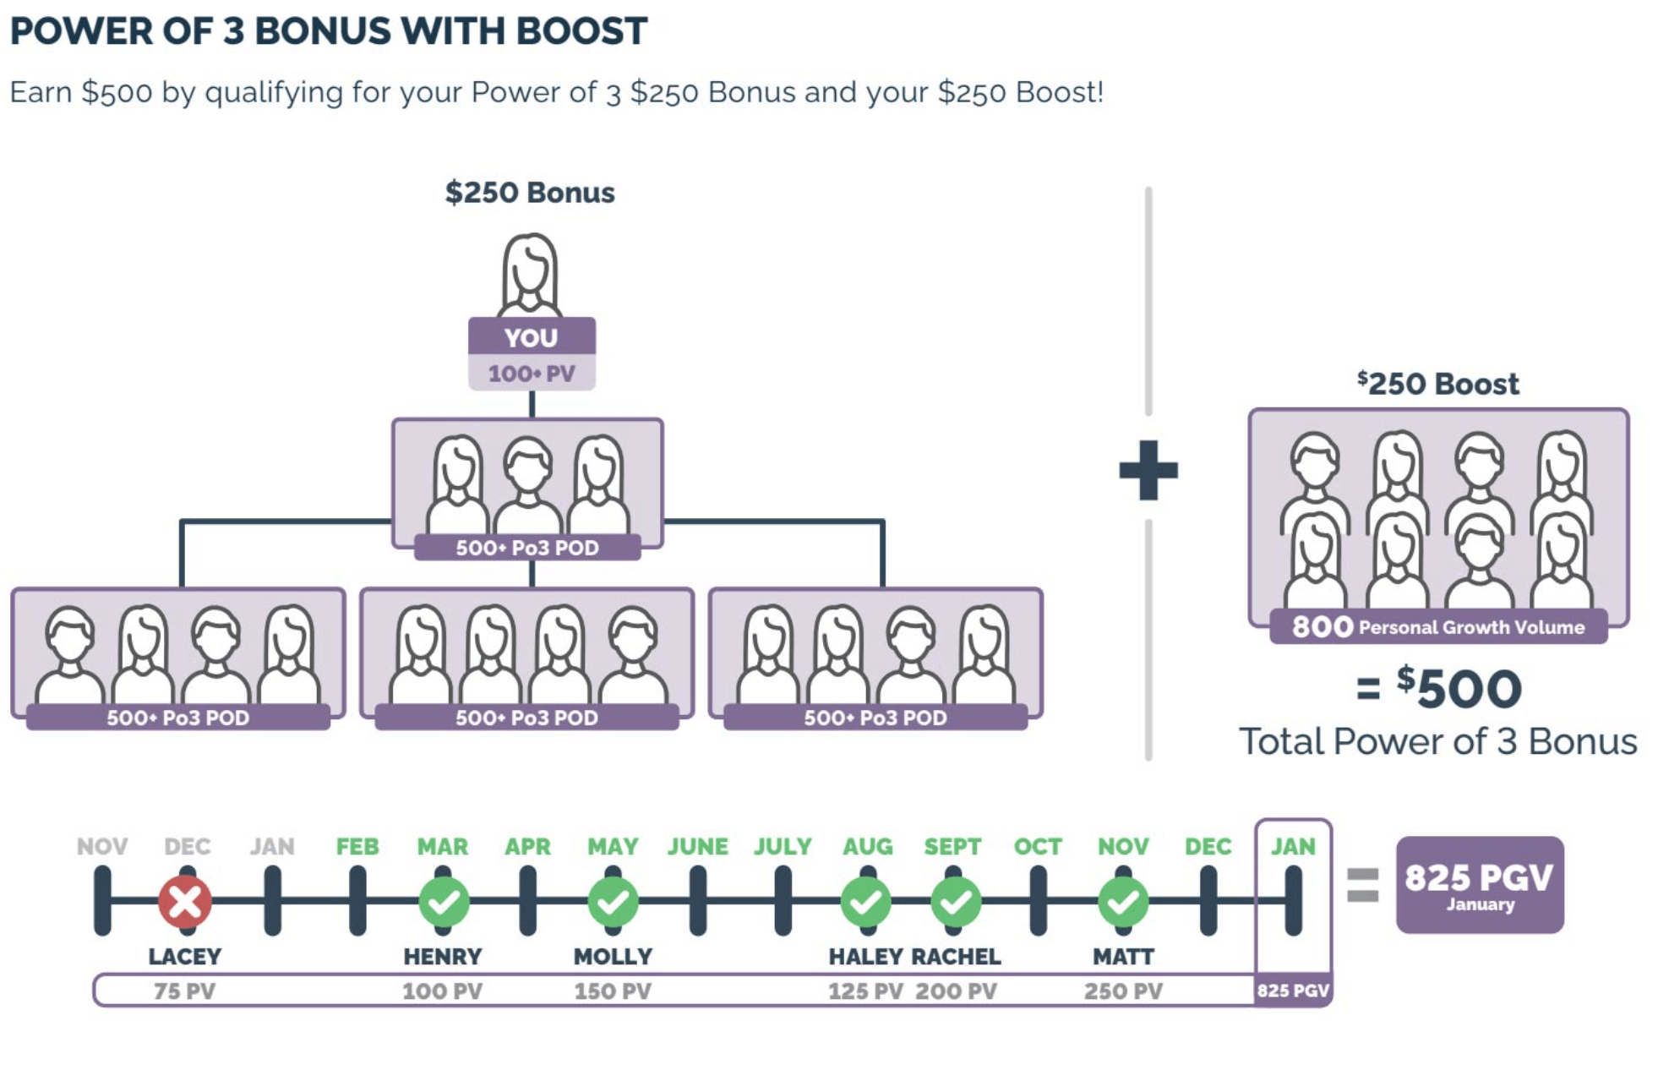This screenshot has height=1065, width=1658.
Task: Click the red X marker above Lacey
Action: (x=185, y=902)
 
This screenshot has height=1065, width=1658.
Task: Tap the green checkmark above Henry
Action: (x=444, y=902)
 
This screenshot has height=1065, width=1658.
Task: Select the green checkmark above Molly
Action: (x=614, y=902)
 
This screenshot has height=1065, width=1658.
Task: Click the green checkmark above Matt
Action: (x=1123, y=902)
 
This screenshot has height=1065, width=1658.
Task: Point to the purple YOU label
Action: (x=532, y=337)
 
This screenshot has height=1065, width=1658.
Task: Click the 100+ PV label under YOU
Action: (x=532, y=374)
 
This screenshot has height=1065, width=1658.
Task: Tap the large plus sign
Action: (x=1148, y=470)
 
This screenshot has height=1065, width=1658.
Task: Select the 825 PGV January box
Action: (x=1479, y=885)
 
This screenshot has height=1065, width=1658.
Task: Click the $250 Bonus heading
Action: (x=530, y=193)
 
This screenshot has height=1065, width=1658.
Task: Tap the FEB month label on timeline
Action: (x=357, y=846)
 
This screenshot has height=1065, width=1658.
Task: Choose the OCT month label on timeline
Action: (x=1038, y=846)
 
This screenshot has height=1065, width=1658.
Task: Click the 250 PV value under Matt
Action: (x=1123, y=991)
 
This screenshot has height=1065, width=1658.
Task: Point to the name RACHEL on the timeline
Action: (x=956, y=957)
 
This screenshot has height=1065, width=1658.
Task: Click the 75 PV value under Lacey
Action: (x=184, y=991)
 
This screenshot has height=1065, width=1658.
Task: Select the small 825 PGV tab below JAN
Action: (x=1293, y=991)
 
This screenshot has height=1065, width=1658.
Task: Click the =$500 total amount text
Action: (x=1438, y=688)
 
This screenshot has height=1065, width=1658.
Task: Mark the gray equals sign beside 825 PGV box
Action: (x=1362, y=885)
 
